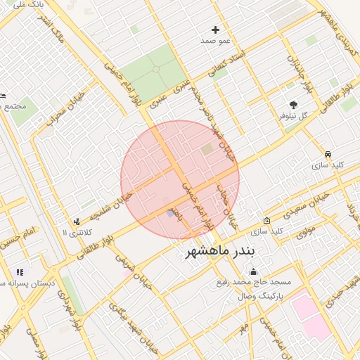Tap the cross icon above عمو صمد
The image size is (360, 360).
pyautogui.click(x=216, y=30)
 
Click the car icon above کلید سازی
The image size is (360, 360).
pyautogui.click(x=328, y=153)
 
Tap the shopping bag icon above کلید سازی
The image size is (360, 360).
pyautogui.click(x=266, y=219)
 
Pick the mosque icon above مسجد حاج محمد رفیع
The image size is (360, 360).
pyautogui.click(x=254, y=272)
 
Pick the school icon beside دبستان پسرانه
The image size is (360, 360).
pyautogui.click(x=20, y=272)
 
